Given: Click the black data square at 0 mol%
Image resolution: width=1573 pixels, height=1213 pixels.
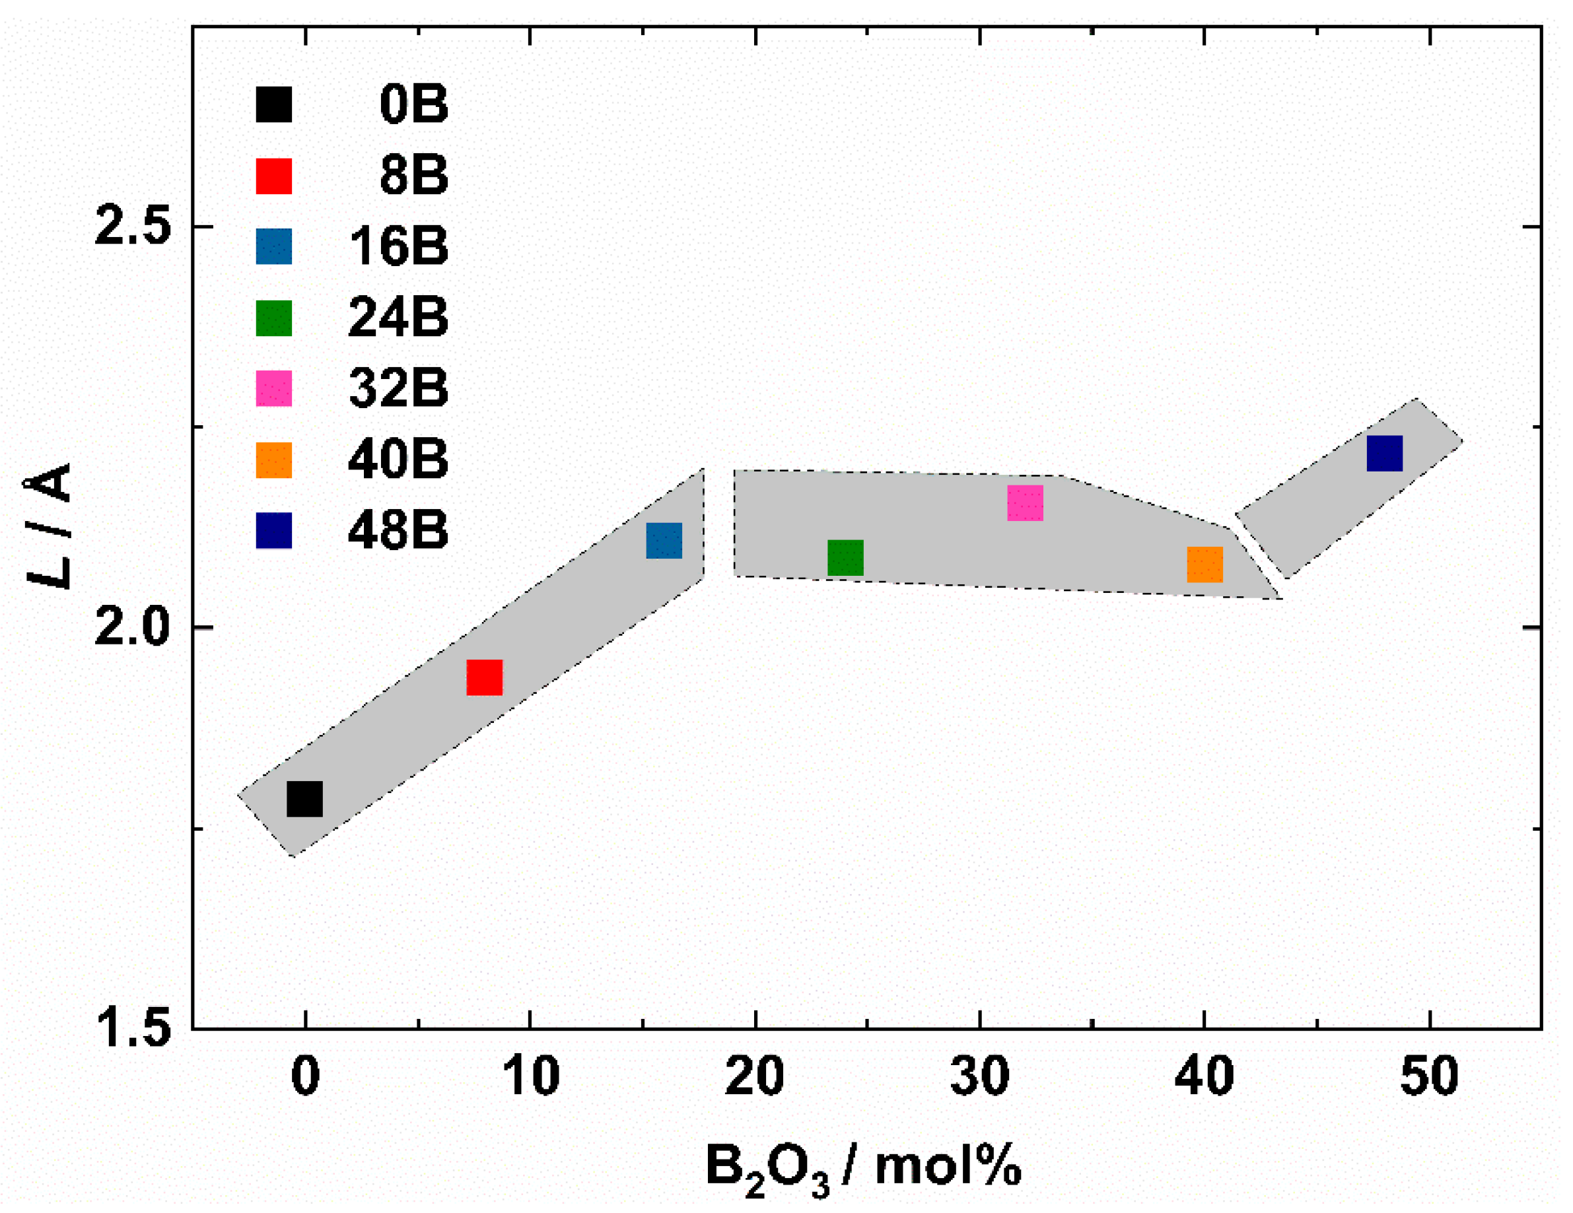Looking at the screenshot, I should [x=304, y=799].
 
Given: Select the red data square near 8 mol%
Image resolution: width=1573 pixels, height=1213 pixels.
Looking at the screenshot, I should [x=484, y=677].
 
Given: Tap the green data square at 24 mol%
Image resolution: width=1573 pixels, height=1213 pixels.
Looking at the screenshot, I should [x=845, y=557].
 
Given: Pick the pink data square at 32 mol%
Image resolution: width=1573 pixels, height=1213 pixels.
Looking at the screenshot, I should [x=1025, y=502].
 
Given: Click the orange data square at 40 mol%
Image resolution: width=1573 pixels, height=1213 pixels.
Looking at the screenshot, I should [x=1205, y=564].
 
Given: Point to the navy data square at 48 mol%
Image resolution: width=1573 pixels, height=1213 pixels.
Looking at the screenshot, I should [x=1384, y=453].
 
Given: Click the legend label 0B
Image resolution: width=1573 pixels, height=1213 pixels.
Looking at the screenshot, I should [x=413, y=104].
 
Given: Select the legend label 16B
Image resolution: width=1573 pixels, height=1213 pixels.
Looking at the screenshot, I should [x=398, y=246].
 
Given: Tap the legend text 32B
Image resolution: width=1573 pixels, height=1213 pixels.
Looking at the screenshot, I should [x=398, y=388].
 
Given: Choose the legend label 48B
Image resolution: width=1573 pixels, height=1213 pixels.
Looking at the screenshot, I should [x=398, y=530].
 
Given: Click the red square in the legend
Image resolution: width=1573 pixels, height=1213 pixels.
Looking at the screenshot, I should [x=273, y=176].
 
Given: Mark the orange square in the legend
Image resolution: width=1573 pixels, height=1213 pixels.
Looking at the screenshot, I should [x=273, y=460].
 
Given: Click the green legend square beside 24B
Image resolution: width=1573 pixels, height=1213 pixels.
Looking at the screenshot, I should [x=273, y=318].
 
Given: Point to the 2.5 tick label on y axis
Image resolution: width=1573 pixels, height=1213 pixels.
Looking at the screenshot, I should [x=133, y=226].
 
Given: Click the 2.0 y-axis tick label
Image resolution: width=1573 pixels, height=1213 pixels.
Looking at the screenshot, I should [x=133, y=627].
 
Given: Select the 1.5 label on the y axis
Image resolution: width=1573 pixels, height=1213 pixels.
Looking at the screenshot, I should [x=133, y=1029].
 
